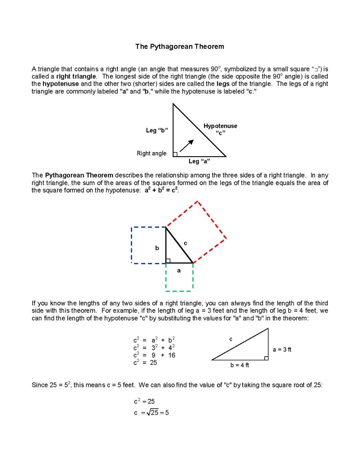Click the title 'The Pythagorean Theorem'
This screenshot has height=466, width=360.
pyautogui.click(x=180, y=47)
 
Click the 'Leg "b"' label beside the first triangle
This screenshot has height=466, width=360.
pyautogui.click(x=157, y=130)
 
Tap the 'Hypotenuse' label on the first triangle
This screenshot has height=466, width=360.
pyautogui.click(x=220, y=126)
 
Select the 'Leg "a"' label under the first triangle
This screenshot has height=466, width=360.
pyautogui.click(x=199, y=161)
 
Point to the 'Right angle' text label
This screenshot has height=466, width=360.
pyautogui.click(x=151, y=153)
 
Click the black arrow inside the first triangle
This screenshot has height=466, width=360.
pyautogui.click(x=187, y=145)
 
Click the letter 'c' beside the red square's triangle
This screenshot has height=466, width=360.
pyautogui.click(x=186, y=244)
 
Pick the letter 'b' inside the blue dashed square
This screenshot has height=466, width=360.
pyautogui.click(x=157, y=248)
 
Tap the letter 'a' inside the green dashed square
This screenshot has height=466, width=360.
pyautogui.click(x=179, y=271)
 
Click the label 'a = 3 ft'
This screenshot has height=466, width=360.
pyautogui.click(x=282, y=350)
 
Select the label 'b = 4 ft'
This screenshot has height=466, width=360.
pyautogui.click(x=240, y=365)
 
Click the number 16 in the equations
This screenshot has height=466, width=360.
pyautogui.click(x=172, y=355)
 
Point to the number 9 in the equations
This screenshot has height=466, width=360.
pyautogui.click(x=153, y=355)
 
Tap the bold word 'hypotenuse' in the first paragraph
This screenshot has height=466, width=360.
pyautogui.click(x=61, y=84)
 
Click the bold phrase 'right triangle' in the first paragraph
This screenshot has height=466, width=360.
pyautogui.click(x=76, y=76)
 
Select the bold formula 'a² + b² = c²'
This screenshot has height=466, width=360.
pyautogui.click(x=161, y=190)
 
